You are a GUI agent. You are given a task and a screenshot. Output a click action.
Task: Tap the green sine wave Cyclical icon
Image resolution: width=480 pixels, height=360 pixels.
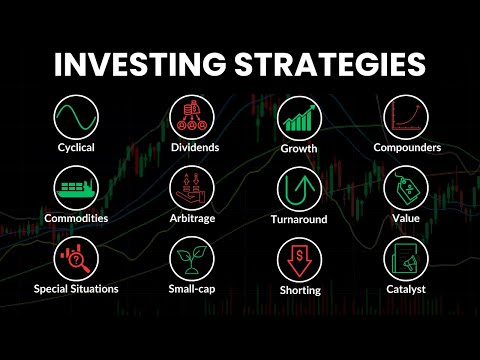click(x=76, y=118)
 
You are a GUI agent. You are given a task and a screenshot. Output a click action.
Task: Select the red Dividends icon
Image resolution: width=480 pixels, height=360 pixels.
click(x=191, y=118)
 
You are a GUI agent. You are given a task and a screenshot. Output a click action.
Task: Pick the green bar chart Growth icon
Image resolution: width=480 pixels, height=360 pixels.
click(x=298, y=118)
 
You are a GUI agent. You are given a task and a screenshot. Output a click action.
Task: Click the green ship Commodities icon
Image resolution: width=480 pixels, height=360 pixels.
click(x=76, y=187)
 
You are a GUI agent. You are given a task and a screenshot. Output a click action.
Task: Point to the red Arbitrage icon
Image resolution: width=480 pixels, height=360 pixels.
click(x=191, y=187)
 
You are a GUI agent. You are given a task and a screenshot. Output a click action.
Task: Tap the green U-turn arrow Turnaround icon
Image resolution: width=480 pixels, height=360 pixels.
click(x=298, y=187)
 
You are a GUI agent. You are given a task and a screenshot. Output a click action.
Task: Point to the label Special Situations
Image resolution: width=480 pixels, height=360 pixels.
click(x=76, y=289)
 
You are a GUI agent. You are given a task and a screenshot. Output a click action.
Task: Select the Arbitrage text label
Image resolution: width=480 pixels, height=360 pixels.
click(x=191, y=218)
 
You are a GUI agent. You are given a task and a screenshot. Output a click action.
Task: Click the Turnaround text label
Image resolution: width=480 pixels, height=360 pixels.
click(x=298, y=219)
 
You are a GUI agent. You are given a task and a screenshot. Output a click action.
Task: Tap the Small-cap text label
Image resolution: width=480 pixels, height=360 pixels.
click(x=191, y=289)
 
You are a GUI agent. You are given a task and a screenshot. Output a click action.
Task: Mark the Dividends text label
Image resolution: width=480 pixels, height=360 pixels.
click(x=191, y=148)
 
